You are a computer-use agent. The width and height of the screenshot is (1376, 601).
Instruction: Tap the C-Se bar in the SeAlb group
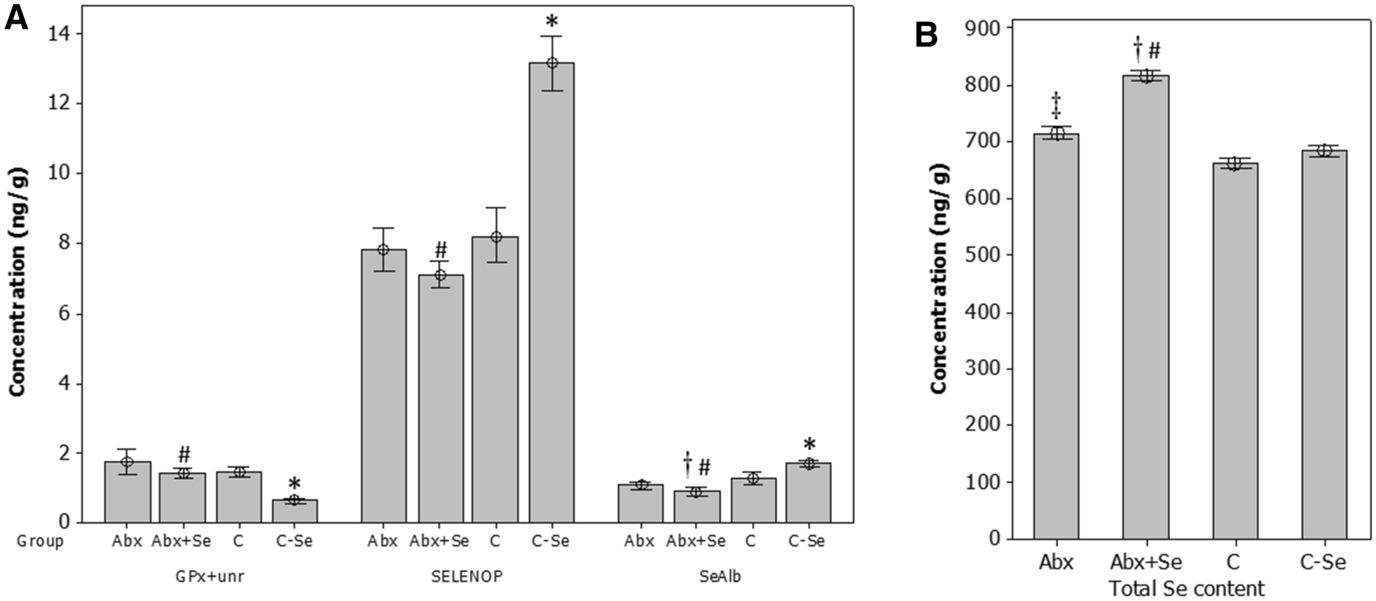(x=809, y=493)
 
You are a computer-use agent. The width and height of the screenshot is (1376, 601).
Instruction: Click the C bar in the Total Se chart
(x=1234, y=350)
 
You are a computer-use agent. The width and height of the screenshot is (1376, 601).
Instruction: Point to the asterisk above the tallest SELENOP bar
(x=551, y=22)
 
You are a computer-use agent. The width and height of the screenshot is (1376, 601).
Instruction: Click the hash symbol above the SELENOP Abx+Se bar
(x=441, y=249)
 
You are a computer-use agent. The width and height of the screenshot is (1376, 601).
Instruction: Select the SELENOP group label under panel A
(x=467, y=576)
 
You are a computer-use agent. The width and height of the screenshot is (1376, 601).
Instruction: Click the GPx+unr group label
(x=210, y=576)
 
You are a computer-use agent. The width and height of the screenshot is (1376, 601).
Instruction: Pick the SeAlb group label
(x=720, y=576)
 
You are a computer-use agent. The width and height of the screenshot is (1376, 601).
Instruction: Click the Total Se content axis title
(x=1186, y=588)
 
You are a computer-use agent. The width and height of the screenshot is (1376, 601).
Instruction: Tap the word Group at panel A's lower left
(x=40, y=541)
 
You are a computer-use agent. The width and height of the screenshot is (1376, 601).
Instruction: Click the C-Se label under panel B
(x=1323, y=562)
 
